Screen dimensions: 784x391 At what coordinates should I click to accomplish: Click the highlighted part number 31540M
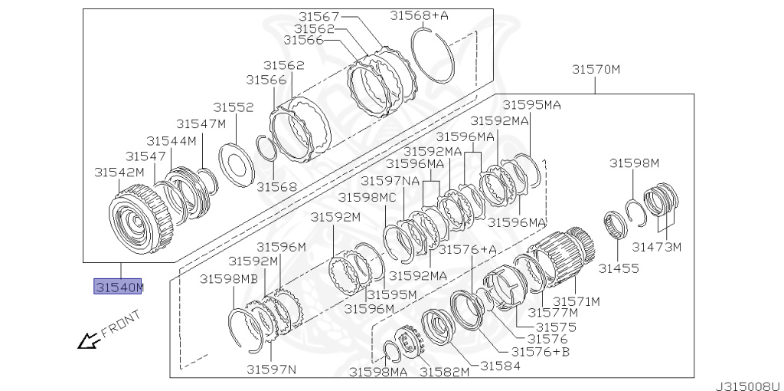click(x=119, y=287)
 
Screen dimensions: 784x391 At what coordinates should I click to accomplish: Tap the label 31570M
click(x=596, y=69)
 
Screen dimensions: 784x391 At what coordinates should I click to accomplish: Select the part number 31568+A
click(x=419, y=15)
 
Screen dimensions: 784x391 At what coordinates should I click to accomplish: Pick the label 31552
click(x=234, y=107)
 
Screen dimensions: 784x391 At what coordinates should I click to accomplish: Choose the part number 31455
click(x=619, y=268)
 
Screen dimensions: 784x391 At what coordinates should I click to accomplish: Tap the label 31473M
click(x=656, y=247)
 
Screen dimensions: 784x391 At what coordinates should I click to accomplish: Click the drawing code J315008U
click(x=749, y=386)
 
